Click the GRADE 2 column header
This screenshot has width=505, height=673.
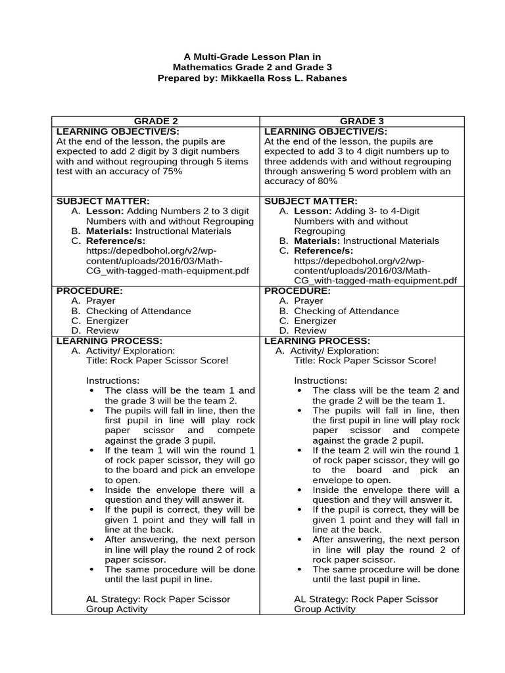click(x=156, y=121)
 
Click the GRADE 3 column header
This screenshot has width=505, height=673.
click(x=362, y=121)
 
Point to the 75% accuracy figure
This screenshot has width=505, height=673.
click(x=169, y=171)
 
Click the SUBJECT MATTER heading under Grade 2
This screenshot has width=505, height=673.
click(x=103, y=200)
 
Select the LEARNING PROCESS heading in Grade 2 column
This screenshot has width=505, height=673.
click(x=109, y=340)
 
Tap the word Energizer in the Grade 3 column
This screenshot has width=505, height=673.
click(x=315, y=321)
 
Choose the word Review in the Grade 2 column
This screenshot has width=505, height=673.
click(x=103, y=331)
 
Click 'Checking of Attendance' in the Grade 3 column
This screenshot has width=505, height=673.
click(x=346, y=311)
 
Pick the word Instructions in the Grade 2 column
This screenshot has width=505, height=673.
click(x=112, y=381)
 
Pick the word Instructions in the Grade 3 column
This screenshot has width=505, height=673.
click(x=320, y=381)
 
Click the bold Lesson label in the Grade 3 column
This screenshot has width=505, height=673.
click(x=313, y=211)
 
